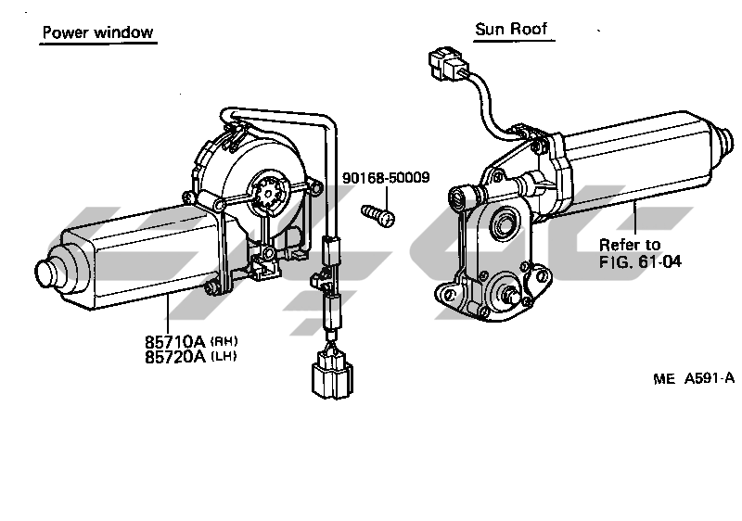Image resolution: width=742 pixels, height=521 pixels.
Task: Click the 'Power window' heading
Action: tap(97, 33)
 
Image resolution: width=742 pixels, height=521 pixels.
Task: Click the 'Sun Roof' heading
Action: tap(512, 29)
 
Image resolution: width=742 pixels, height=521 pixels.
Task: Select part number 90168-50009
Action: tap(386, 177)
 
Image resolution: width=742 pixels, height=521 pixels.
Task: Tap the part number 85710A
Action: tap(174, 340)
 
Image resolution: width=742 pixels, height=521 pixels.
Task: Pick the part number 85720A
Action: tap(174, 356)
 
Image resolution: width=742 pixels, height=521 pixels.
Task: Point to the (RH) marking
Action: tap(224, 341)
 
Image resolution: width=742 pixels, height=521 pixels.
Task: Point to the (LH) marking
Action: tap(224, 357)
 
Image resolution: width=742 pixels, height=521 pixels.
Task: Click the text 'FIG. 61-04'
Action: tap(640, 261)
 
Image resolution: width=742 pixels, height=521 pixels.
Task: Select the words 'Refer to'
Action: tap(630, 245)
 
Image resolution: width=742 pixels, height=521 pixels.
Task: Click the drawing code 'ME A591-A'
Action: tap(693, 377)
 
